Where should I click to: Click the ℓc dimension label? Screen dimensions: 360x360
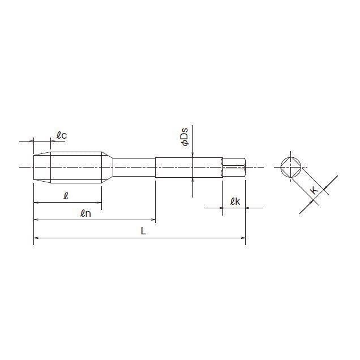click(x=62, y=135)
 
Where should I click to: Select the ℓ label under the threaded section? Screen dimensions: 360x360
click(x=66, y=195)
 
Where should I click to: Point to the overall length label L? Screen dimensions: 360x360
click(x=143, y=231)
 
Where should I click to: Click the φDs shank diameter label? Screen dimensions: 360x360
click(x=185, y=138)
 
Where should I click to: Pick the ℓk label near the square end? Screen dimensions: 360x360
click(x=235, y=202)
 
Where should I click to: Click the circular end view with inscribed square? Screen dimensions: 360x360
click(x=292, y=167)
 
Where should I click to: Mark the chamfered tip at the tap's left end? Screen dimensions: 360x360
click(x=42, y=167)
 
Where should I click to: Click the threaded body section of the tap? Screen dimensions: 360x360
click(x=76, y=167)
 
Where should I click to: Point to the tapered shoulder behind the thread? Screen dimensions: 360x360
click(x=108, y=167)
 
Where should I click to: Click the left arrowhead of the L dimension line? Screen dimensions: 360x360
click(x=37, y=238)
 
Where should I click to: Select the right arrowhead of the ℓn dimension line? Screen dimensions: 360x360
click(x=152, y=220)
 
